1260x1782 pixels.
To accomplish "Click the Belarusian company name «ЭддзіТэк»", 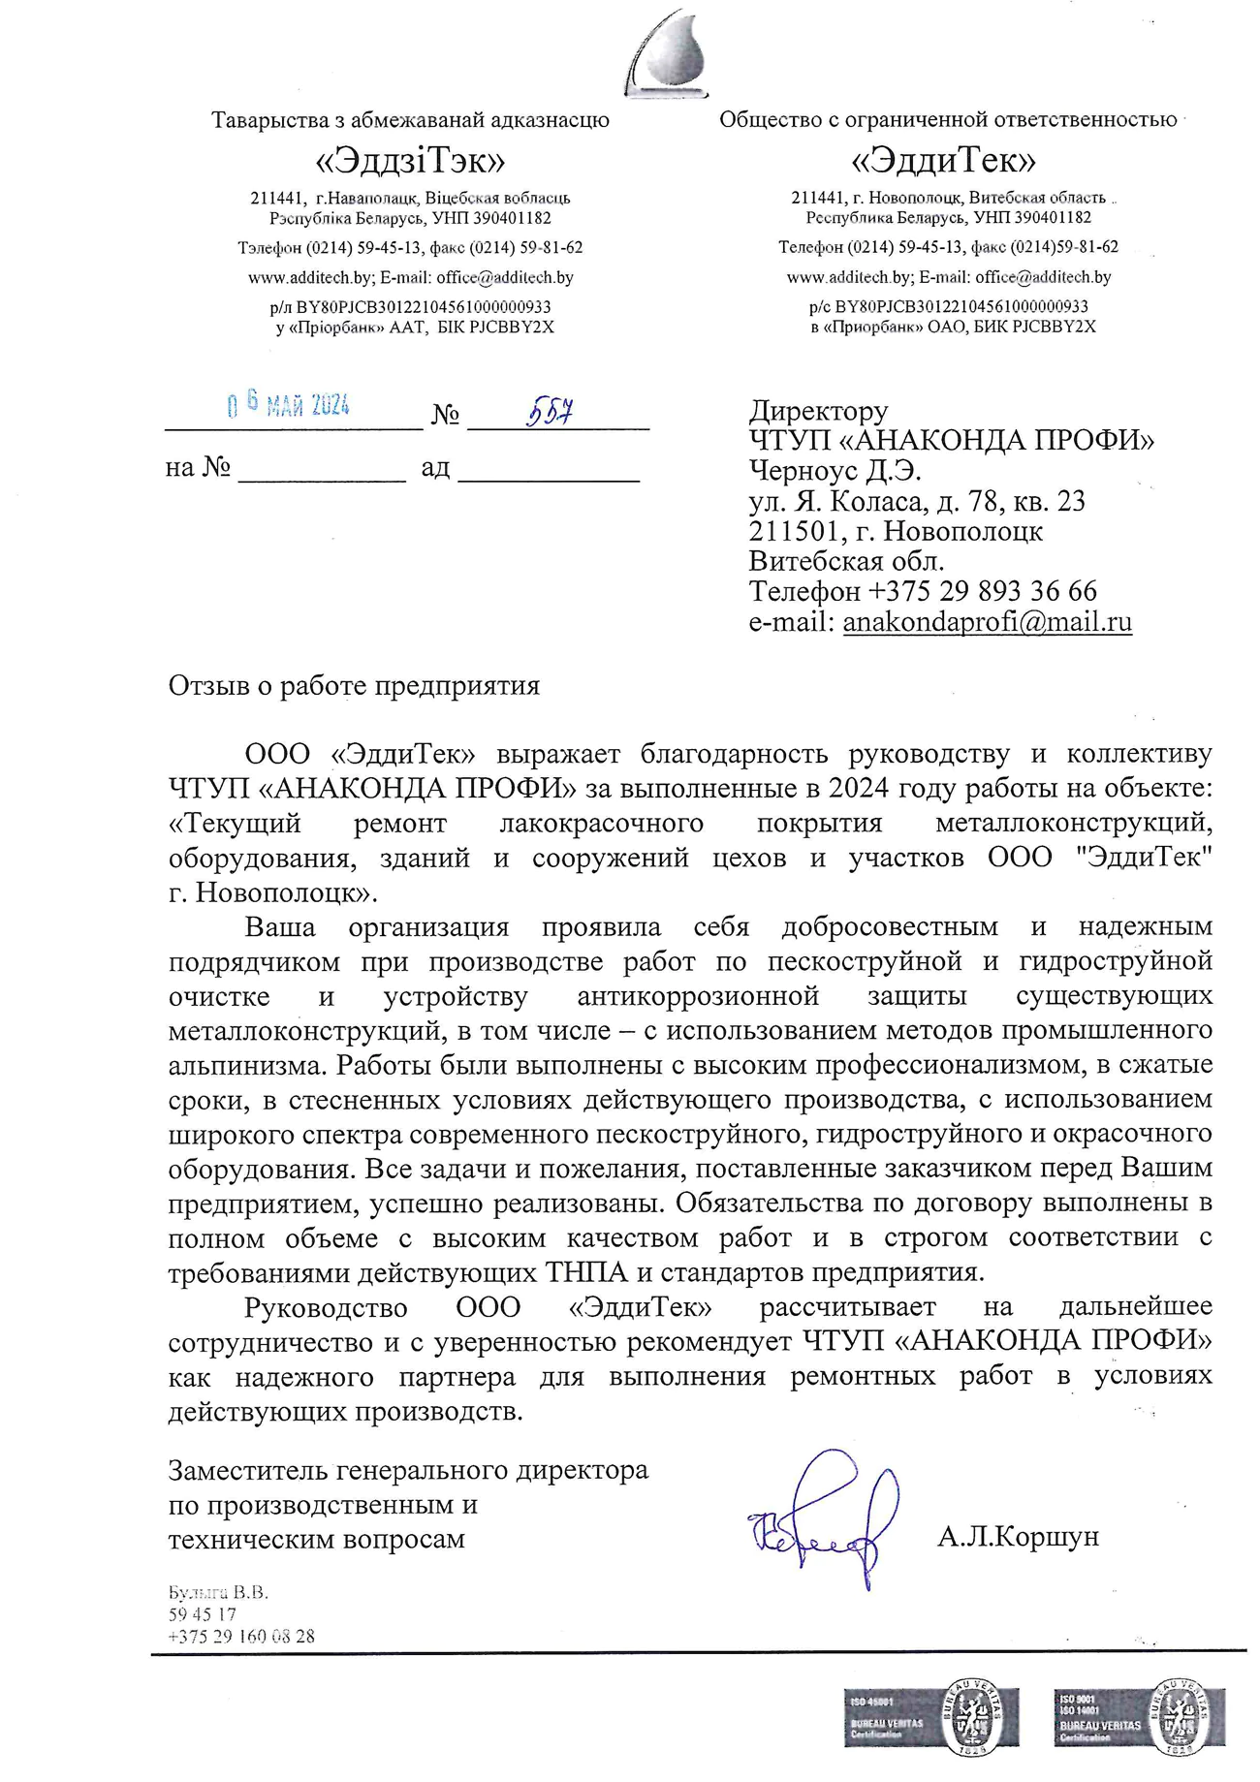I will pos(410,159).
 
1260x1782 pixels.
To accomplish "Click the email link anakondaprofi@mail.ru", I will pos(987,621).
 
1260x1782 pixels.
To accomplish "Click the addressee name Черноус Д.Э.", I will pos(835,471).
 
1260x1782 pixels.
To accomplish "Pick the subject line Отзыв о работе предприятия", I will pos(354,686).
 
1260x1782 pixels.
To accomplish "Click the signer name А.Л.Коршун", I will pos(1017,1536).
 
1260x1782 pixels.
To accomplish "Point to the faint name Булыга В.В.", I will pos(218,1592).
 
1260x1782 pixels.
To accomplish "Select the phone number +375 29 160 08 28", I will pos(241,1637).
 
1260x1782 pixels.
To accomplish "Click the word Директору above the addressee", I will pos(818,411).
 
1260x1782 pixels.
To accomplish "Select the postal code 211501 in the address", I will pos(789,531).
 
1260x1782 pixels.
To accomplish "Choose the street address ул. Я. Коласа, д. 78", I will pos(917,501).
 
